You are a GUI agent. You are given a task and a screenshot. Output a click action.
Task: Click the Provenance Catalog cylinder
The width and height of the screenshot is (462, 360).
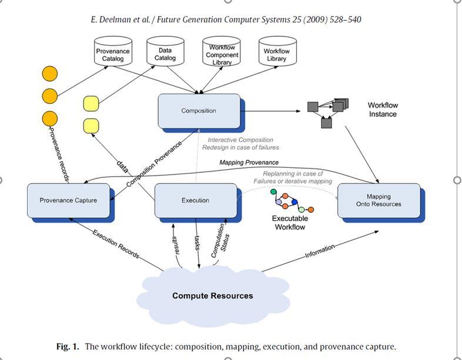(112, 55)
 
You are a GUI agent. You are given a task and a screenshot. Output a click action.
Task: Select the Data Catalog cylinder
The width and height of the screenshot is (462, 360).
(165, 54)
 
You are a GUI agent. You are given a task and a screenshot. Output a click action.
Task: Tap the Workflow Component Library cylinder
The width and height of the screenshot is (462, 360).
(222, 55)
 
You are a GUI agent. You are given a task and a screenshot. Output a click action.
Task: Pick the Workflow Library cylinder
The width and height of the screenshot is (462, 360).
(276, 55)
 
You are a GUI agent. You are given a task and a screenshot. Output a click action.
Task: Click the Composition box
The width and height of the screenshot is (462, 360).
(199, 110)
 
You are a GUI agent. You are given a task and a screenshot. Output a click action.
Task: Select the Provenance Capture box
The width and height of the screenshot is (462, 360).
(68, 200)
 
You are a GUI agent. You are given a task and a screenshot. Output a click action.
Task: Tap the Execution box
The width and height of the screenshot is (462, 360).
(195, 200)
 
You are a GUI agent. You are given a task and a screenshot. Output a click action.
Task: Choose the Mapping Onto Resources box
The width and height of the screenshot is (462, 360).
(379, 200)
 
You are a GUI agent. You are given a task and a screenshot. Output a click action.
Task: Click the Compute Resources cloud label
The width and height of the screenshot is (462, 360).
(212, 295)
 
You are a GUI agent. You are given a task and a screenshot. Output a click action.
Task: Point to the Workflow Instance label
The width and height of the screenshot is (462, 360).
(383, 110)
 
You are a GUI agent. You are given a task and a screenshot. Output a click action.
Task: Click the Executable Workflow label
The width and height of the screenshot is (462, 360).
(290, 223)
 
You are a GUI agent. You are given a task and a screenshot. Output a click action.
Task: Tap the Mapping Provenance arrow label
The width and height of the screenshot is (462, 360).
(249, 162)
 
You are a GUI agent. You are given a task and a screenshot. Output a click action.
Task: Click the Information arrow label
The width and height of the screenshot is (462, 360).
(320, 251)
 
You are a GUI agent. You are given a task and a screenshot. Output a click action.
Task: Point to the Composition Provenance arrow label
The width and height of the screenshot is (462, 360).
(155, 163)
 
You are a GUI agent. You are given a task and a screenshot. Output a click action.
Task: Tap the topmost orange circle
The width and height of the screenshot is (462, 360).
(50, 73)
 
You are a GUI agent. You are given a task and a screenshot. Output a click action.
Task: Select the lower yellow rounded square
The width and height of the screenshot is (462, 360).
(91, 126)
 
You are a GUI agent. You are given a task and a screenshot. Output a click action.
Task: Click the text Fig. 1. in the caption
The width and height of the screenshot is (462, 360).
(68, 346)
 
